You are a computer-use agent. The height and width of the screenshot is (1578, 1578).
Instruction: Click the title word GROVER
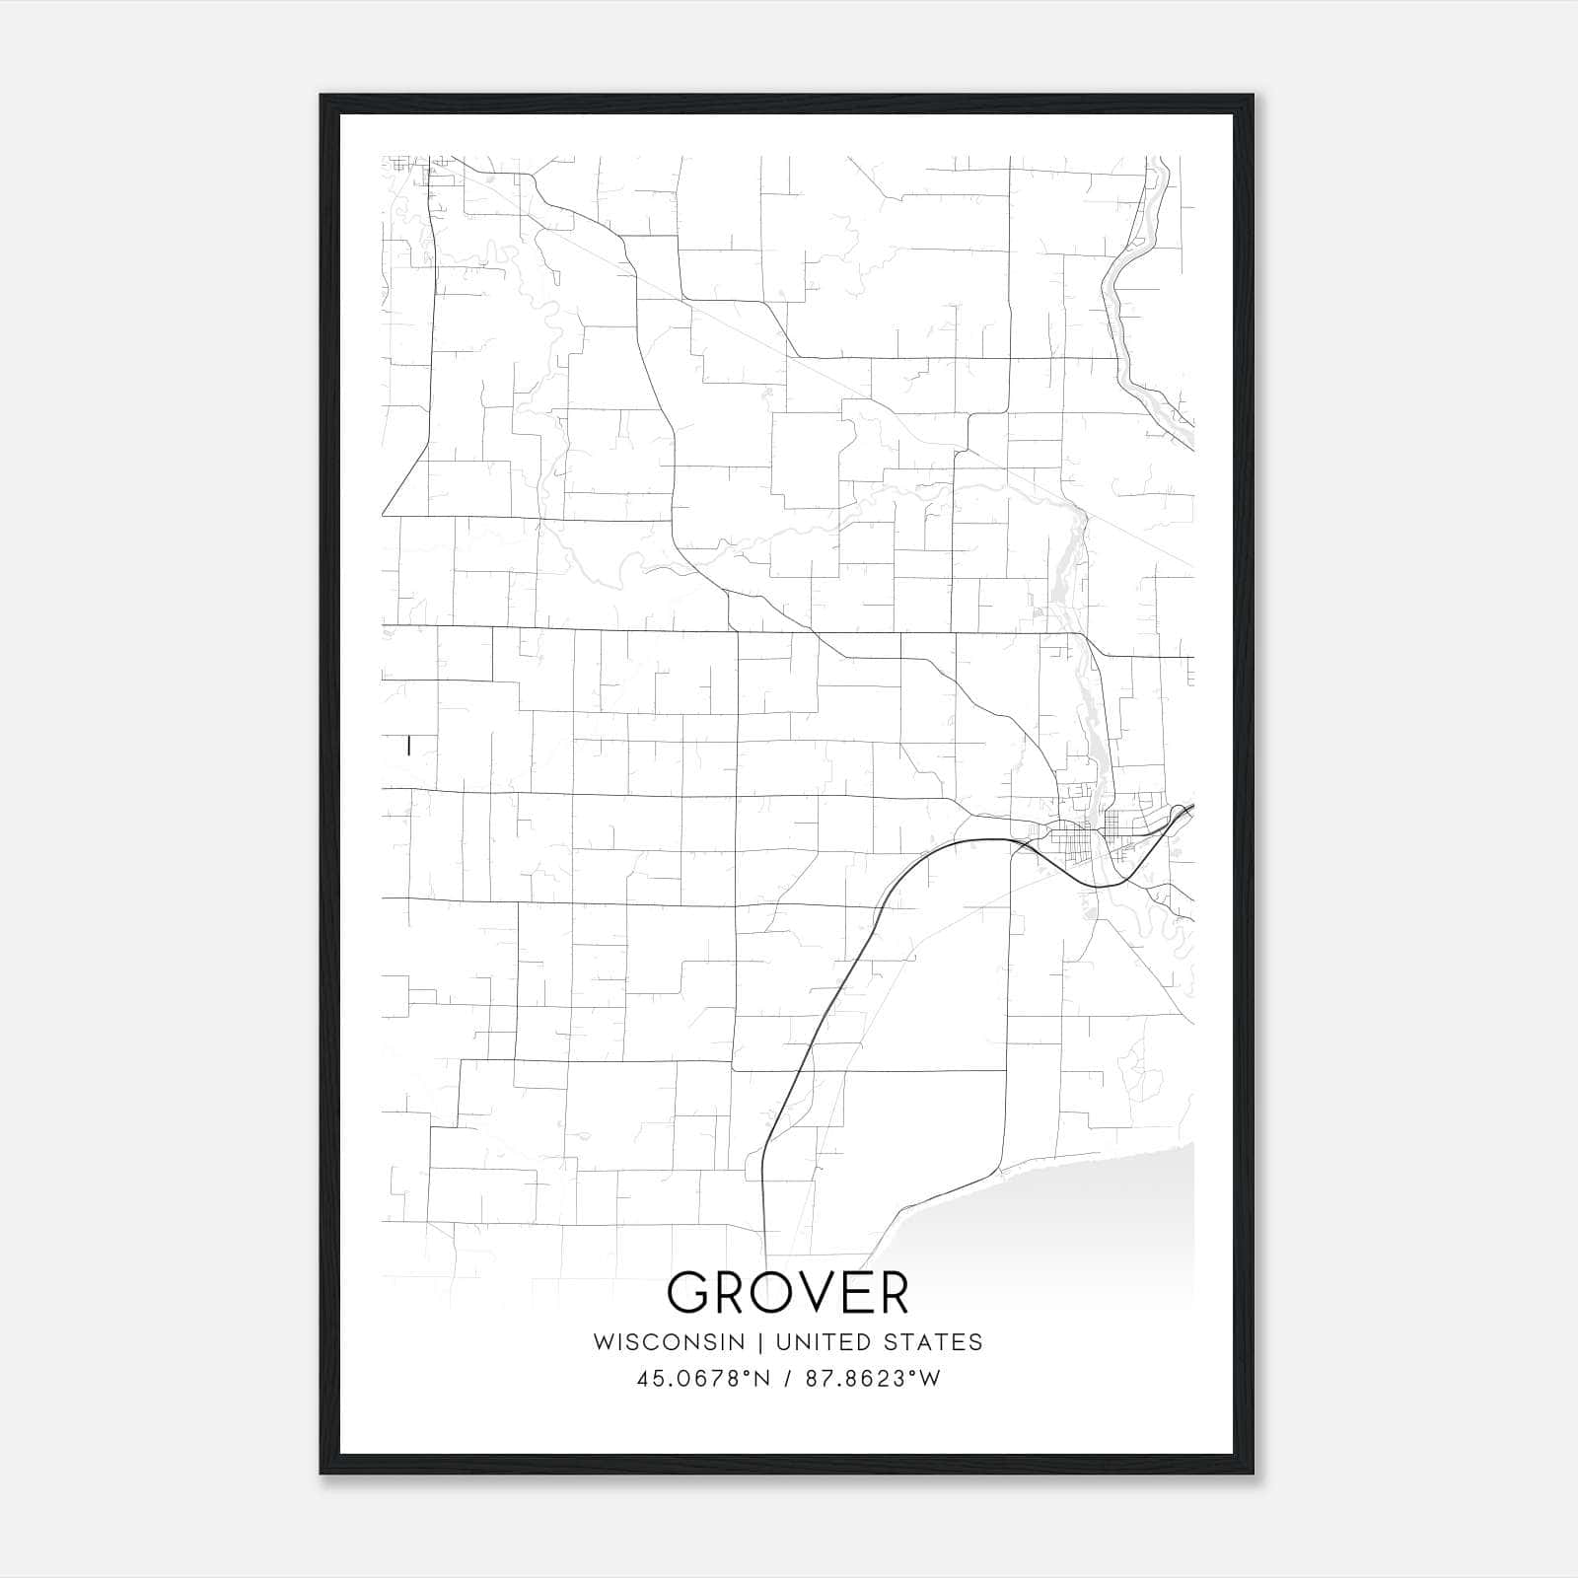coord(787,1293)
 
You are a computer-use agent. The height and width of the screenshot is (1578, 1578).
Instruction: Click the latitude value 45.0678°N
coord(702,1379)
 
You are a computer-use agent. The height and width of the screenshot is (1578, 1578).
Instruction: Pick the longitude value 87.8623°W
coord(873,1379)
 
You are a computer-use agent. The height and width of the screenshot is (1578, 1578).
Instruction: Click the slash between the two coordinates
coord(788,1379)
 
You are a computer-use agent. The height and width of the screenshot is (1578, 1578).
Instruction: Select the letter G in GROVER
coord(690,1293)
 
